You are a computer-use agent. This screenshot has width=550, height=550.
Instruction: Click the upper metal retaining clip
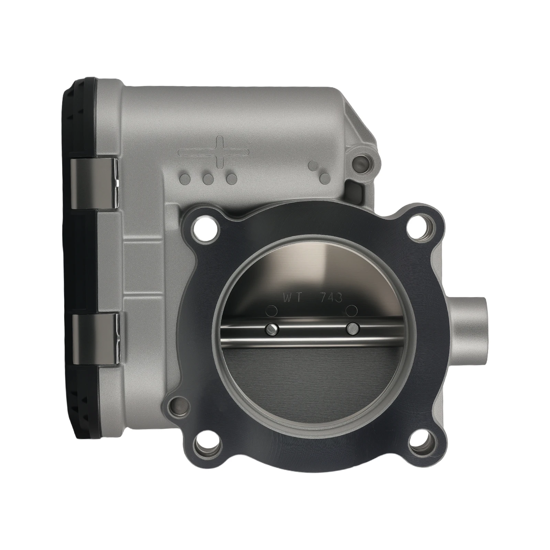pyautogui.click(x=95, y=184)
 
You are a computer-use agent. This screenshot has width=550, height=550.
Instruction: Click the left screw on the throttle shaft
pyautogui.click(x=272, y=329)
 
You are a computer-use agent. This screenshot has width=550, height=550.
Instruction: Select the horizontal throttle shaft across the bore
pyautogui.click(x=311, y=333)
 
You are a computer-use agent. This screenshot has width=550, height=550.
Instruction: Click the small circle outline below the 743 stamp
pyautogui.click(x=351, y=310)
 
